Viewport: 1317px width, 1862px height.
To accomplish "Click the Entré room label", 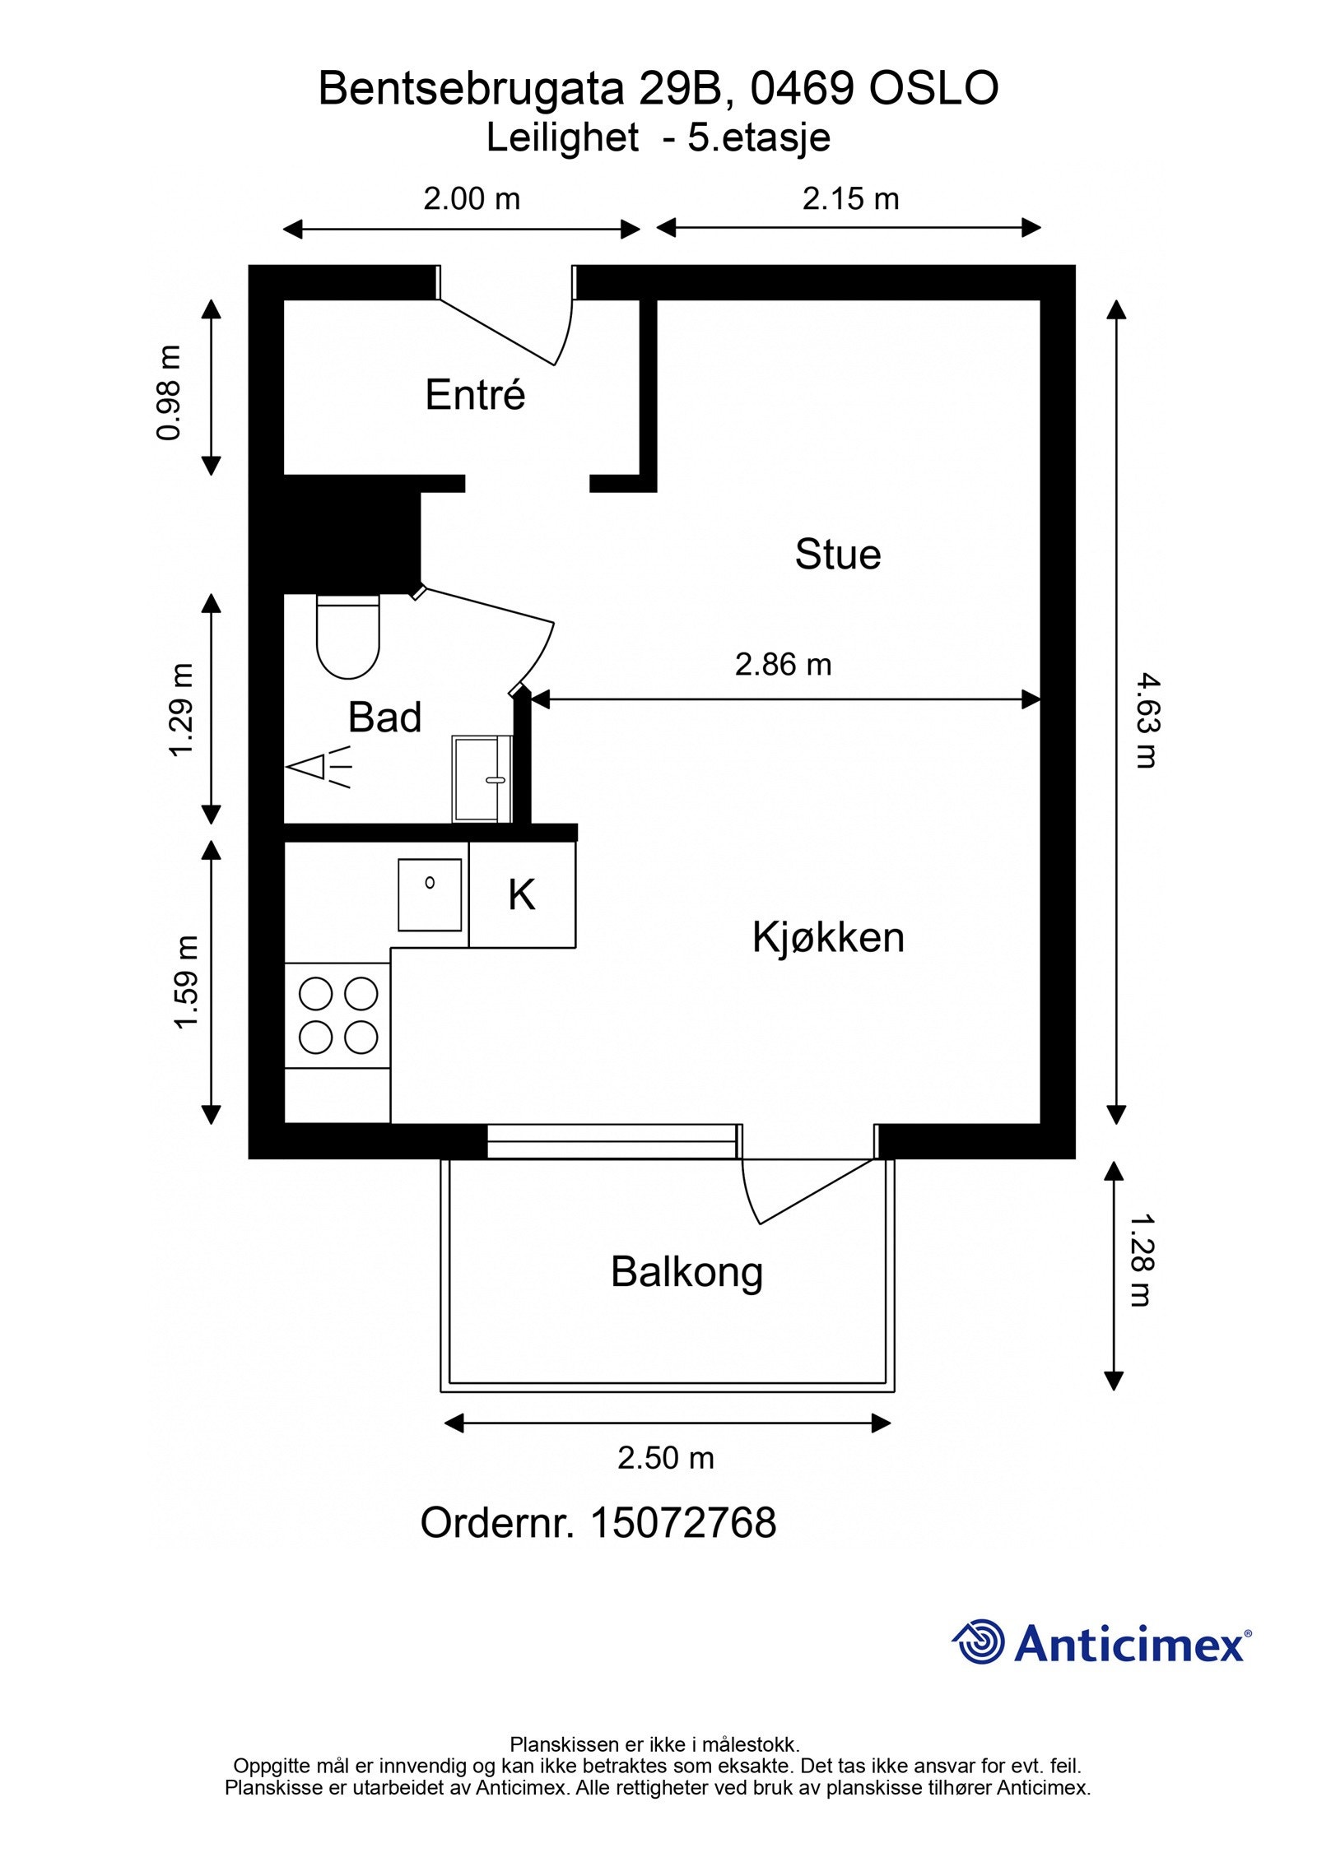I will tap(475, 395).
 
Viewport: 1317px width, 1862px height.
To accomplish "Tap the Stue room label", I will tap(837, 554).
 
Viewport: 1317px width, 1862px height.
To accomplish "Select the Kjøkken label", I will tap(827, 937).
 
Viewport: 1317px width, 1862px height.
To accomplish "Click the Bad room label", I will tap(384, 717).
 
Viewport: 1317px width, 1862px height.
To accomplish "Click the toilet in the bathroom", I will tap(348, 638).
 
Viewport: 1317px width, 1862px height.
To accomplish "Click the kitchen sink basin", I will tap(429, 894).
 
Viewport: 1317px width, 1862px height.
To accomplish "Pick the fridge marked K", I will tap(522, 894).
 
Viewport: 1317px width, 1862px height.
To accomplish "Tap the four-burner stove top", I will tap(337, 1015).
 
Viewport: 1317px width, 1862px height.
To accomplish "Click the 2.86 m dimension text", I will tap(783, 665).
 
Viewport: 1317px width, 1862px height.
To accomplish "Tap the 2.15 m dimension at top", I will tap(850, 199).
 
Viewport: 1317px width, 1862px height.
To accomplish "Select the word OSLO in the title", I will tap(933, 88).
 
